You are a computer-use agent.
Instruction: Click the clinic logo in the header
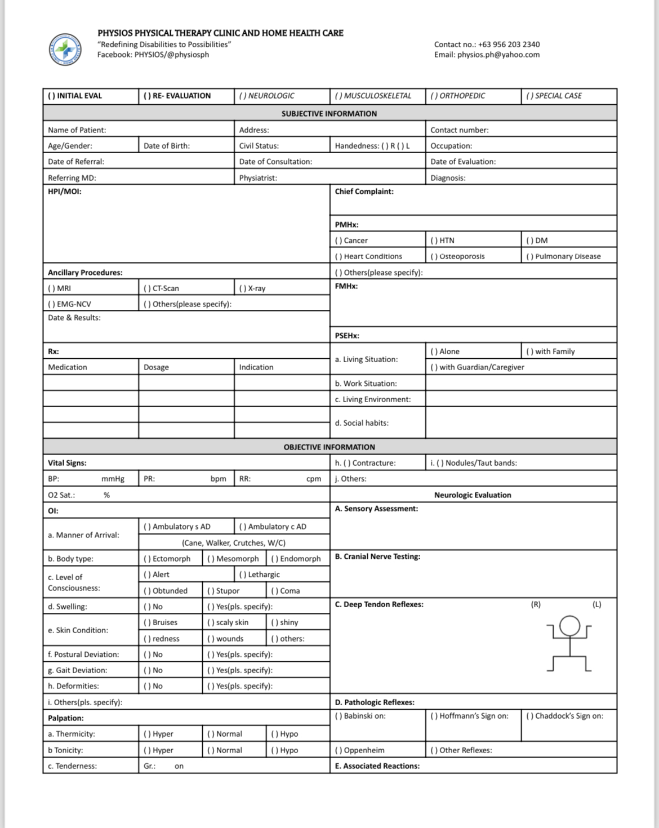[x=65, y=49]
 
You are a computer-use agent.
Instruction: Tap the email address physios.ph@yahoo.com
[x=487, y=55]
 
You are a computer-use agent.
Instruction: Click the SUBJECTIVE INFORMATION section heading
[x=329, y=113]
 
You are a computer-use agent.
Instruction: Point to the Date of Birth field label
[x=166, y=145]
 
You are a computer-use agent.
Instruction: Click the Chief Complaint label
[x=364, y=192]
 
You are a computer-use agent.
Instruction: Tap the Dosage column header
[x=156, y=367]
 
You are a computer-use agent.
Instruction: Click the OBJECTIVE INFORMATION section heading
[x=329, y=447]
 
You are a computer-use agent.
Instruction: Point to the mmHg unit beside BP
[x=113, y=479]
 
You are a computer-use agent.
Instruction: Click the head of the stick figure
[x=570, y=625]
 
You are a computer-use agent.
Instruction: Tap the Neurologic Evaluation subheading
[x=473, y=495]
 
